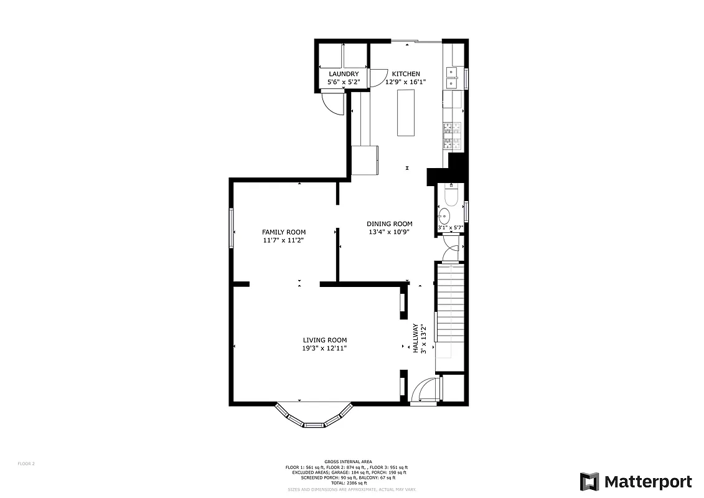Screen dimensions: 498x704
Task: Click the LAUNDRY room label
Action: pyautogui.click(x=344, y=74)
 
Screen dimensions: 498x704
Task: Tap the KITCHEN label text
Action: pyautogui.click(x=405, y=74)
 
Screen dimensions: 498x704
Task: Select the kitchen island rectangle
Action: pyautogui.click(x=406, y=112)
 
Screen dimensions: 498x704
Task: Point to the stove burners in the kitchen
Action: pyautogui.click(x=453, y=136)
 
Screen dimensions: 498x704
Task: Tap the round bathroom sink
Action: pyautogui.click(x=444, y=217)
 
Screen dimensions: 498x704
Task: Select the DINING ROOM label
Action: pyautogui.click(x=389, y=224)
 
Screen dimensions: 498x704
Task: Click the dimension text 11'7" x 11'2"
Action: pyautogui.click(x=283, y=240)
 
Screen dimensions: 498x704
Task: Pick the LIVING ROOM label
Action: pyautogui.click(x=324, y=340)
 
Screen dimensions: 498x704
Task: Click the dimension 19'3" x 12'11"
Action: pyautogui.click(x=324, y=348)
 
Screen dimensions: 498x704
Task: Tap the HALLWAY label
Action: pyautogui.click(x=415, y=338)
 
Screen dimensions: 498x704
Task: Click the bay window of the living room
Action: pyautogui.click(x=314, y=418)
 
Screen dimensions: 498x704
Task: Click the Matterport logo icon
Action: pyautogui.click(x=589, y=482)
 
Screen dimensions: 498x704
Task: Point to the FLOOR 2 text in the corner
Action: pyautogui.click(x=26, y=463)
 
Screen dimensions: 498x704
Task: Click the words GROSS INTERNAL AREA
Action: pyautogui.click(x=349, y=461)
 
